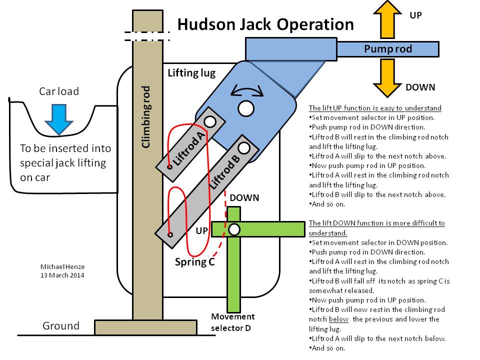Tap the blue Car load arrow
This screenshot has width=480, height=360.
pos(58,118)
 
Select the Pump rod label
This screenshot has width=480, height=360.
pos(388,49)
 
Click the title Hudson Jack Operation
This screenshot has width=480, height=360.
pos(265,24)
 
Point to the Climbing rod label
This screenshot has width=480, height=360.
pos(146,117)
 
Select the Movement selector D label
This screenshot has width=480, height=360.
pos(232,322)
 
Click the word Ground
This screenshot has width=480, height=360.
pos(60,326)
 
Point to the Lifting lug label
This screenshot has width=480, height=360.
pos(191,73)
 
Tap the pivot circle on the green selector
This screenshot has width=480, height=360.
pos(233,229)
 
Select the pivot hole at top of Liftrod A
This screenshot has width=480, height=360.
pos(209,121)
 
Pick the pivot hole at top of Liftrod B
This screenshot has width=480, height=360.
pos(244,147)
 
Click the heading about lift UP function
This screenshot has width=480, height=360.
pos(375,108)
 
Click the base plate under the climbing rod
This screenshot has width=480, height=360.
pos(147,327)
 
